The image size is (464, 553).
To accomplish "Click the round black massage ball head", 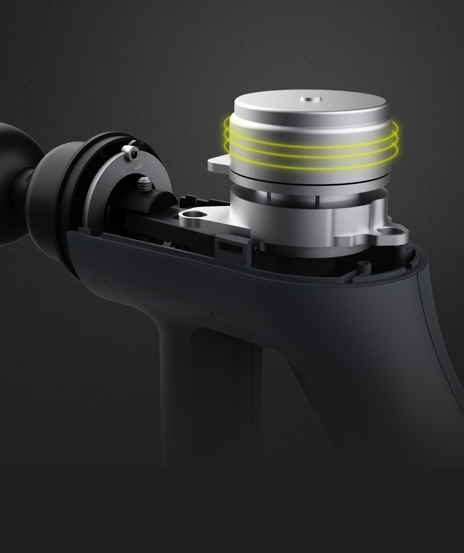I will pos(9,183).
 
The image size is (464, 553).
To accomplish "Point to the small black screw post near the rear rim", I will pos(362,267).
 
